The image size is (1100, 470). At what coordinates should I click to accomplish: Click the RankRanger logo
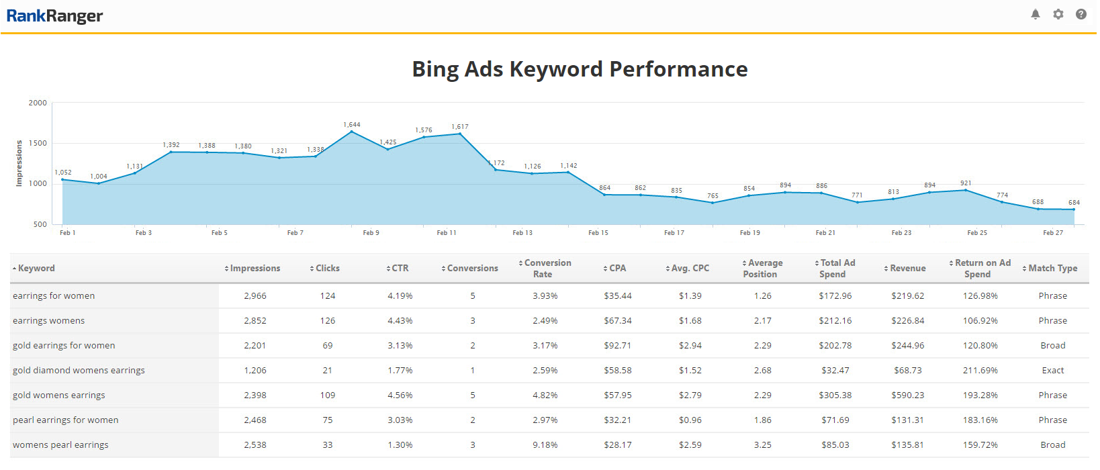pyautogui.click(x=54, y=15)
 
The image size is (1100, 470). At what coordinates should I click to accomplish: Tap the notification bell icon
pyautogui.click(x=1036, y=14)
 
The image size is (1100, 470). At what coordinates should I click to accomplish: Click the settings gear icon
pyautogui.click(x=1058, y=14)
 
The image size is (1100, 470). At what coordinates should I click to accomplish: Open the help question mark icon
pyautogui.click(x=1081, y=14)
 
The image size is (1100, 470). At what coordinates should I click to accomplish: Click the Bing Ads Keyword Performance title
pyautogui.click(x=580, y=69)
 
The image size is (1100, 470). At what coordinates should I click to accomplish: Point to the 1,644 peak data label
pyautogui.click(x=352, y=125)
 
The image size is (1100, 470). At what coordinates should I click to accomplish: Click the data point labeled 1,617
pyautogui.click(x=460, y=134)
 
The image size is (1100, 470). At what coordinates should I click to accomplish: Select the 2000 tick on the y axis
pyautogui.click(x=38, y=103)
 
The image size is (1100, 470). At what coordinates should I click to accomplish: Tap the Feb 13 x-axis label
pyautogui.click(x=522, y=233)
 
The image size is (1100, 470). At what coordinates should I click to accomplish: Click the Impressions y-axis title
pyautogui.click(x=19, y=163)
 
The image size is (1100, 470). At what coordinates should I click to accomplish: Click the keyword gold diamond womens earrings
pyautogui.click(x=79, y=371)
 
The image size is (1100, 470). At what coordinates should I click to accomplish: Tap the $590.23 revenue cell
pyautogui.click(x=909, y=395)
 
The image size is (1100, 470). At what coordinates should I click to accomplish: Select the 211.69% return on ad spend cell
pyautogui.click(x=980, y=371)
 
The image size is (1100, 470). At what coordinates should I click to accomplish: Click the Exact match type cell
pyautogui.click(x=1052, y=371)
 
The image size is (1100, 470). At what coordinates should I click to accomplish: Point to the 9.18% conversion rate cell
pyautogui.click(x=545, y=445)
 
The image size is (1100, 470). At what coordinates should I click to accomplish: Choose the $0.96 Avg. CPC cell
pyautogui.click(x=690, y=420)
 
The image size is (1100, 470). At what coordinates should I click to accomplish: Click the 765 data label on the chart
pyautogui.click(x=713, y=196)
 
